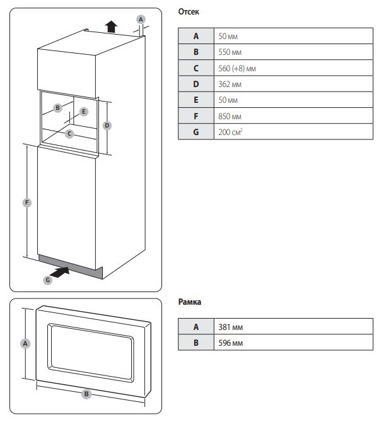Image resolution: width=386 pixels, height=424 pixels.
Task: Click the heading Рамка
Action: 190,303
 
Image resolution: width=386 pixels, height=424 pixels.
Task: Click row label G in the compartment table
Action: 196,133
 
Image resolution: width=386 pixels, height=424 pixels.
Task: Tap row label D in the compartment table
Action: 196,84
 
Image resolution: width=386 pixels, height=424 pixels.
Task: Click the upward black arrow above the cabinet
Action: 111,25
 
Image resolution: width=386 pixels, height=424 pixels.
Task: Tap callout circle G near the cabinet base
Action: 47,280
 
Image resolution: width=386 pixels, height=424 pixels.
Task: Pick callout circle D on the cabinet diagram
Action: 107,126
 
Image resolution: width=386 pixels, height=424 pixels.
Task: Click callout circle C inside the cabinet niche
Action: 69,134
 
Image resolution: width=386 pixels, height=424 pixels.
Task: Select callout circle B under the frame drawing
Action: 87,394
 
